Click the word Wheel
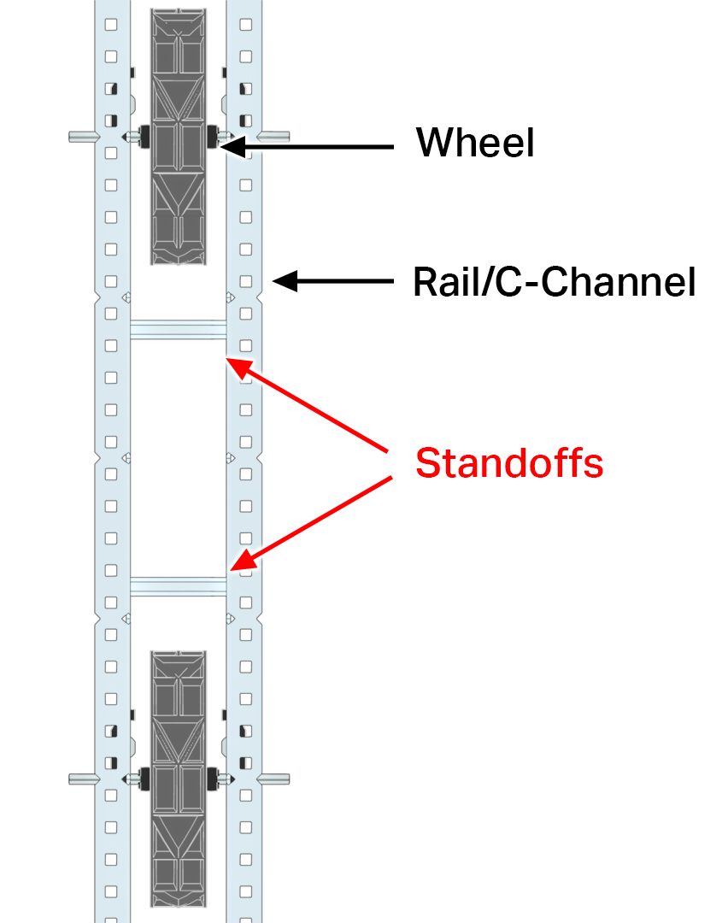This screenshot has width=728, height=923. coord(475,143)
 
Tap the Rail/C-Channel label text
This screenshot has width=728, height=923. coord(554,281)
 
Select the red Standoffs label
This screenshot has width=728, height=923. coord(509,462)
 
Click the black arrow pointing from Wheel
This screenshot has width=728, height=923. coord(308,147)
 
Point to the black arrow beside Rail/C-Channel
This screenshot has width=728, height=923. coord(333,281)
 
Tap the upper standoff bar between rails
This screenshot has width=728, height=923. coord(178,330)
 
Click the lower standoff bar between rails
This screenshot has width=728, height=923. coord(178,586)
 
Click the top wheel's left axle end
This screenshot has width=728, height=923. coord(81,136)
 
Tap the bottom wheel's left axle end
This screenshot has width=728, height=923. coord(81,779)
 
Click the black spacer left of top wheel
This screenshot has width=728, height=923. coord(144,136)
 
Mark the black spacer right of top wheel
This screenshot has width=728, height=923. coord(212,136)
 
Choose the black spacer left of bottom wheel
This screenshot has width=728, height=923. coord(144,779)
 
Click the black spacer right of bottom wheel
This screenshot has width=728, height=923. coord(212,779)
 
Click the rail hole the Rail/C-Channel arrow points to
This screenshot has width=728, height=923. coord(246,281)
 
